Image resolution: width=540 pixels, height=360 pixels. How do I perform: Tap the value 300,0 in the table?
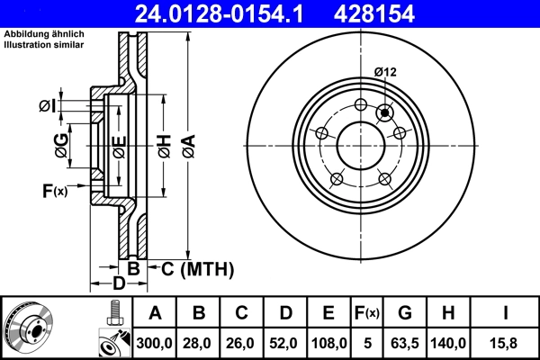coord(155,343)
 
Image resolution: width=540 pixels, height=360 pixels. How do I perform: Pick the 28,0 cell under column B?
coord(199,343)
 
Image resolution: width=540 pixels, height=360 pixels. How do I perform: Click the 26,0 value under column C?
coord(242,343)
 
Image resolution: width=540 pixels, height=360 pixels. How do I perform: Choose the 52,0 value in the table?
coord(285,343)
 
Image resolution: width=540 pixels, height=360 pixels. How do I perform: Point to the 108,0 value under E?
coord(328,343)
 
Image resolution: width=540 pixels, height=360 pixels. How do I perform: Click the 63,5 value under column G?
coord(406,343)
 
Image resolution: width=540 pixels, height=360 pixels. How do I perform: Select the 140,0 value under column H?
coord(449,343)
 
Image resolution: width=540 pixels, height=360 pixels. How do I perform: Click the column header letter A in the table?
coord(155,314)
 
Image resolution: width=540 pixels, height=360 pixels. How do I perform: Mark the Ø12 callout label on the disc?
coord(386,72)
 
